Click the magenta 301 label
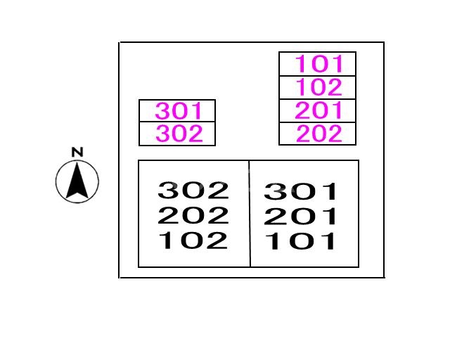click(179, 111)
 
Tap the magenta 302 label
click(179, 134)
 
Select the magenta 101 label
click(319, 64)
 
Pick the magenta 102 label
click(319, 87)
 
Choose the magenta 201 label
click(319, 110)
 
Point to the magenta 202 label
click(319, 134)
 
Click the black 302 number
click(193, 190)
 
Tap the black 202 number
click(193, 215)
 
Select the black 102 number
click(193, 240)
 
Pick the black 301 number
click(301, 191)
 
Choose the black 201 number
click(301, 217)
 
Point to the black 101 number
click(301, 242)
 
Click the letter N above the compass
click(77, 152)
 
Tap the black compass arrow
click(77, 181)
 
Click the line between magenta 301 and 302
click(177, 122)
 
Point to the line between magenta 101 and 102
click(318, 76)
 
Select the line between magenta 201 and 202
click(318, 122)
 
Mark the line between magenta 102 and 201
click(318, 99)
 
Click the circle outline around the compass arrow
click(57, 182)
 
